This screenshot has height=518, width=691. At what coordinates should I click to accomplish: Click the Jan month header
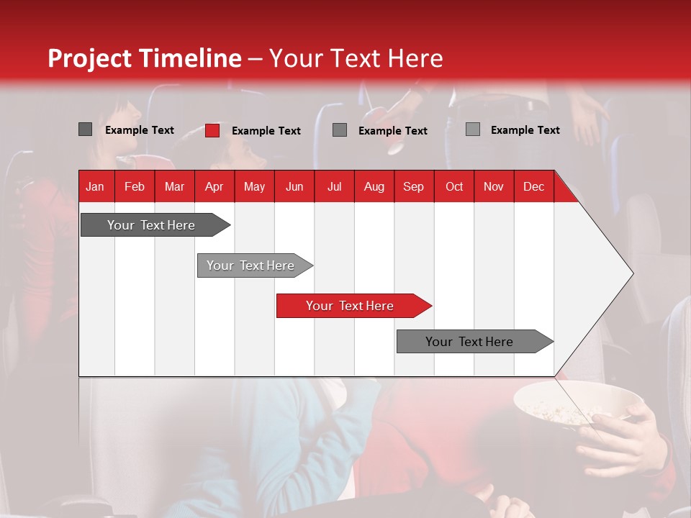pyautogui.click(x=95, y=186)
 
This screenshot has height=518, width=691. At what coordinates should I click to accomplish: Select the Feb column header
pyautogui.click(x=135, y=186)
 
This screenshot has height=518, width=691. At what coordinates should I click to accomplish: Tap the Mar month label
pyautogui.click(x=174, y=186)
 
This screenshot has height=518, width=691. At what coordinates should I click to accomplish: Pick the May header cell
pyautogui.click(x=254, y=186)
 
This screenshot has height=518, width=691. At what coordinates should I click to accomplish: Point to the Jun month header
pyautogui.click(x=294, y=186)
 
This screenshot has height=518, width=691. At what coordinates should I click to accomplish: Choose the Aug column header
pyautogui.click(x=374, y=186)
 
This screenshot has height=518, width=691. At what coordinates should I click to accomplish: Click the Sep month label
pyautogui.click(x=413, y=186)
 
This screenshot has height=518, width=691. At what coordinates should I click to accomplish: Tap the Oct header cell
pyautogui.click(x=454, y=186)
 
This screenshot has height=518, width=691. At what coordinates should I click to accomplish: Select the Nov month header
pyautogui.click(x=494, y=186)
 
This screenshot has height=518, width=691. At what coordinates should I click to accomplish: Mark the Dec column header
pyautogui.click(x=533, y=186)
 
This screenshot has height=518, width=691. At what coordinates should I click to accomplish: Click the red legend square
pyautogui.click(x=212, y=130)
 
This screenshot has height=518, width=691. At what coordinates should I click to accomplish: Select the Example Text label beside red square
pyautogui.click(x=266, y=131)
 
